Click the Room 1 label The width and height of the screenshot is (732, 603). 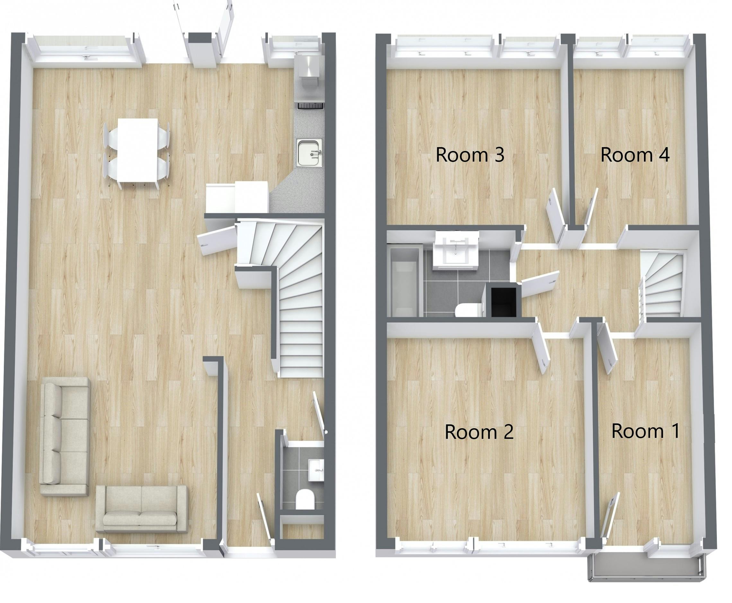click(645, 431)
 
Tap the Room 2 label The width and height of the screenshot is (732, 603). click(479, 432)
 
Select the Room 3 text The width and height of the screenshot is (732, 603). click(470, 155)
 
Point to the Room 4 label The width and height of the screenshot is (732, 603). click(635, 155)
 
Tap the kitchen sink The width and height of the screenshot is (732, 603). click(309, 153)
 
